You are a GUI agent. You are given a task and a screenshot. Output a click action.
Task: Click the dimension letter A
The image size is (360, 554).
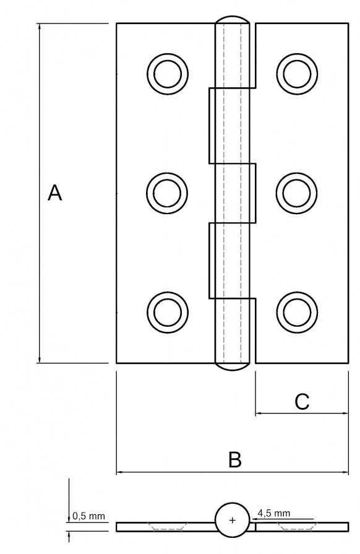(54, 193)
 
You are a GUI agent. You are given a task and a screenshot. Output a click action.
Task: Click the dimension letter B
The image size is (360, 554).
(234, 460)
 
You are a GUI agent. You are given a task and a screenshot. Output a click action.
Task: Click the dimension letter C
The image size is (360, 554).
(302, 402)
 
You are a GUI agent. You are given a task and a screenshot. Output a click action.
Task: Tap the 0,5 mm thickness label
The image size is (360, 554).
(88, 516)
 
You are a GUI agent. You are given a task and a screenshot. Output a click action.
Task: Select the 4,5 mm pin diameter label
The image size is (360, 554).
(273, 513)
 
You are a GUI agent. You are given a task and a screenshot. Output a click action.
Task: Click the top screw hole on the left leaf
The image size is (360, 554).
(168, 74)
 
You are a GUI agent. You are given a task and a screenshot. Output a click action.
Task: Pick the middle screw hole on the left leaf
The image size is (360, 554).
(167, 193)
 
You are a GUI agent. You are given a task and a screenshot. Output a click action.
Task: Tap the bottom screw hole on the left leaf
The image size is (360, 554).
(168, 313)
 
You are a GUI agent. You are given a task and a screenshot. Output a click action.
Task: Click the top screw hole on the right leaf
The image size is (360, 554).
(297, 74)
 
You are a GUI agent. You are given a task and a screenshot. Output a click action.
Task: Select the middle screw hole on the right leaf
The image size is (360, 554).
(297, 193)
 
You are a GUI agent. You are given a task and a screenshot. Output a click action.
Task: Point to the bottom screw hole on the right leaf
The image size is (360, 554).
(297, 313)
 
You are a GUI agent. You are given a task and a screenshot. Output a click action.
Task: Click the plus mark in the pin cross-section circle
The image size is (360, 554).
(232, 521)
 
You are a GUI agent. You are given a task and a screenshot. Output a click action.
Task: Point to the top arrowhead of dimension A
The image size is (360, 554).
(40, 27)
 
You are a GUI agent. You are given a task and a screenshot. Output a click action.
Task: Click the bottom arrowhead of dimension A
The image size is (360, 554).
(40, 359)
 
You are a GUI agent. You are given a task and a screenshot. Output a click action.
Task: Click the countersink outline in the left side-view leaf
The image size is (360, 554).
(168, 526)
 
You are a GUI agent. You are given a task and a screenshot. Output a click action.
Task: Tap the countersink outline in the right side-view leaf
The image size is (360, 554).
(297, 526)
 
